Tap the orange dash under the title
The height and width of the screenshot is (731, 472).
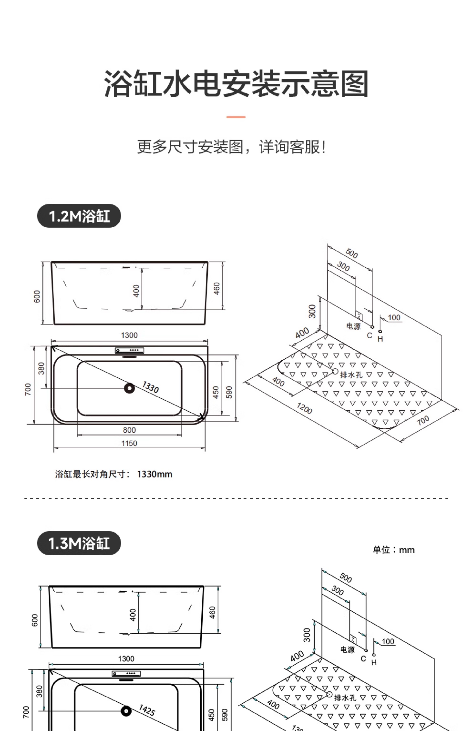click(x=236, y=117)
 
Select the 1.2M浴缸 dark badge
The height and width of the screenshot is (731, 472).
click(x=79, y=216)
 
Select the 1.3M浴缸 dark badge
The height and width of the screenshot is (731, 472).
click(x=79, y=543)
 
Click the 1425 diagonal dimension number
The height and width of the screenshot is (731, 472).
click(x=147, y=710)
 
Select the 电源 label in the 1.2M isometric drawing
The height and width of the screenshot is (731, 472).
click(x=353, y=326)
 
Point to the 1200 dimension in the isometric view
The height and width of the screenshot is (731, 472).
click(x=304, y=408)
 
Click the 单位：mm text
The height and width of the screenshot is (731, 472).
click(x=394, y=550)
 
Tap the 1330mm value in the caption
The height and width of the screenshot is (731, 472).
click(x=155, y=474)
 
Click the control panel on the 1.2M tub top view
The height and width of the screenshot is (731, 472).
click(x=129, y=350)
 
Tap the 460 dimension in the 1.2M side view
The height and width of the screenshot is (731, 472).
click(x=217, y=288)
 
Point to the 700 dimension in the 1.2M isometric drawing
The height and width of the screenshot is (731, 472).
click(x=423, y=420)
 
